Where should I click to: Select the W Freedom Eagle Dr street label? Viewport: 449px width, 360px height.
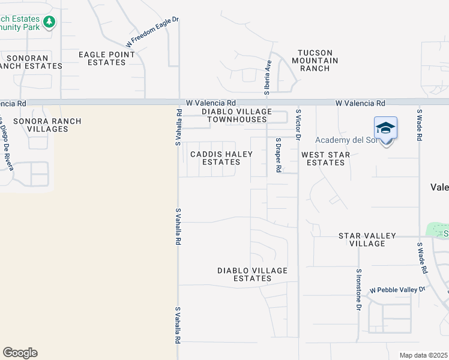[152, 32]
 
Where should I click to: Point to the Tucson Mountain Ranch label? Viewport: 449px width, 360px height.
[315, 61]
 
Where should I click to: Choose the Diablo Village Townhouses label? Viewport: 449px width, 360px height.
[237, 115]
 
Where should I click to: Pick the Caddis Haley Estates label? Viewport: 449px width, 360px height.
[221, 158]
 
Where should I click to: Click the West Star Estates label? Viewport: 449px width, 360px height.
[326, 158]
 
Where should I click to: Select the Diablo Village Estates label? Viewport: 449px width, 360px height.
[252, 274]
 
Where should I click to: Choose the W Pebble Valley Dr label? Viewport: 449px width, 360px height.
[397, 290]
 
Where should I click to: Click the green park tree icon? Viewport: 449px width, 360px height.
[49, 23]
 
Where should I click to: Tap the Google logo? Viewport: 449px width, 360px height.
[20, 353]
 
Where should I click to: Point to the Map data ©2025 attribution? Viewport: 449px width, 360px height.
[423, 355]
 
